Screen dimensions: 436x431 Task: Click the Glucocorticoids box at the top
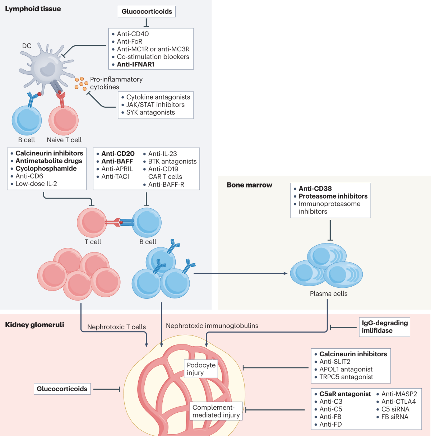(x=147, y=11)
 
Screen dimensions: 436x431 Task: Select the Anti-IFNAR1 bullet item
(x=135, y=64)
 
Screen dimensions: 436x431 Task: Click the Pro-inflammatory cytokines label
(x=116, y=83)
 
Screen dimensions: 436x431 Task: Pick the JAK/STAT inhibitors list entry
(x=155, y=105)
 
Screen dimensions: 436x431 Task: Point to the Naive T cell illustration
(x=64, y=120)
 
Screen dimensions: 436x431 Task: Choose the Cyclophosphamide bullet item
(x=46, y=168)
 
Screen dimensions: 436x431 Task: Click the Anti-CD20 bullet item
(x=118, y=154)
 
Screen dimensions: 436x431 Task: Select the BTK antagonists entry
(x=172, y=161)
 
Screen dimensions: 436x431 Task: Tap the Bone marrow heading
(x=249, y=185)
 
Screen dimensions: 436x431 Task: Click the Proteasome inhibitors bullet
(x=333, y=196)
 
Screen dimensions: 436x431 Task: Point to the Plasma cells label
(x=329, y=293)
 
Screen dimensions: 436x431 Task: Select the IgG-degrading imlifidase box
(x=385, y=327)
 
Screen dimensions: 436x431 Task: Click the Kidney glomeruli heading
(x=34, y=325)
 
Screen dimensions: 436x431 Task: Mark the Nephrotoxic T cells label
(x=116, y=327)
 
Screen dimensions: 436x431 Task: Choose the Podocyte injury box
(x=201, y=369)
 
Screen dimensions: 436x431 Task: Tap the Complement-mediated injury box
(x=216, y=411)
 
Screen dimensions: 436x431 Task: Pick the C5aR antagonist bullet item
(x=345, y=394)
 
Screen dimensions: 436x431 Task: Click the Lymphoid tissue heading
(x=33, y=9)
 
